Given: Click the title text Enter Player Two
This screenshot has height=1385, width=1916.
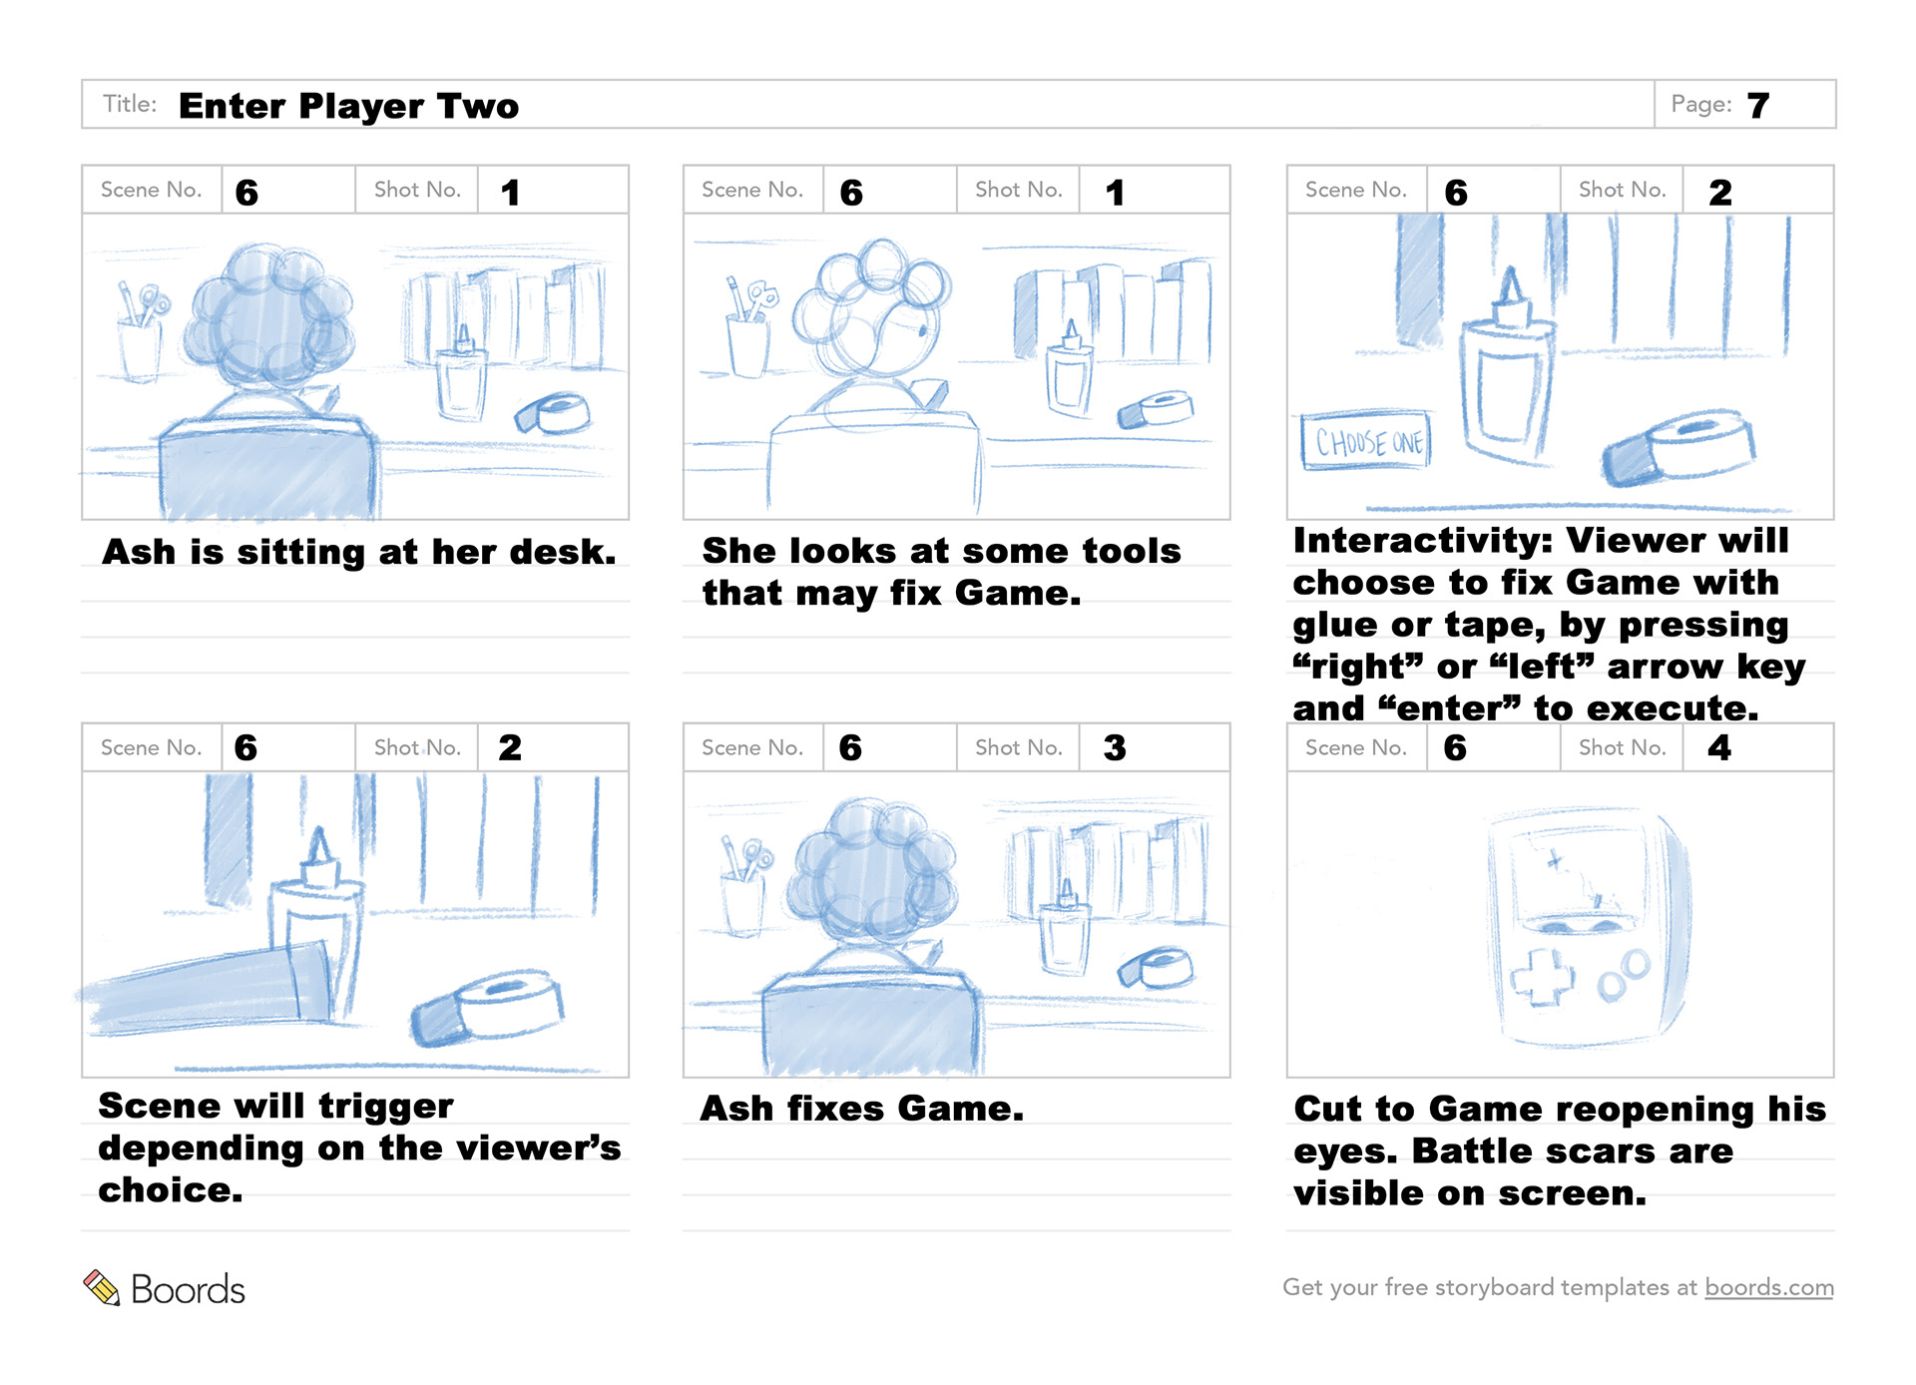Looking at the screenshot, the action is tap(348, 106).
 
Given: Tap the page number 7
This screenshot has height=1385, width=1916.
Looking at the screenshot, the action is tap(1758, 105).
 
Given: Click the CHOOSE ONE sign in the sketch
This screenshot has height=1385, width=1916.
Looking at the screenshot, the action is tap(1366, 441).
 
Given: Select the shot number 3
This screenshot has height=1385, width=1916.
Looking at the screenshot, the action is tap(1115, 747).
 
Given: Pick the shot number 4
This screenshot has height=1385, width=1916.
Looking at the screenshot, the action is tap(1718, 747).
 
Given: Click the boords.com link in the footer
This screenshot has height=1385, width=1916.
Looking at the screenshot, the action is tap(1768, 1287).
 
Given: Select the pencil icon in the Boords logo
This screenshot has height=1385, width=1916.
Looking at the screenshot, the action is tap(101, 1287).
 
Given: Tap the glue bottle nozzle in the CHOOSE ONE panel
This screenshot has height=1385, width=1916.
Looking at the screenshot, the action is tap(1511, 289).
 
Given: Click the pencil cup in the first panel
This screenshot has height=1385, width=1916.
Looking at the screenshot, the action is tap(140, 344).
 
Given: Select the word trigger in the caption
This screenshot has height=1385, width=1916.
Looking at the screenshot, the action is tap(386, 1106).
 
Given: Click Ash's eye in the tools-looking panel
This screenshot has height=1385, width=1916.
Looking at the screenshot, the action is tap(920, 328).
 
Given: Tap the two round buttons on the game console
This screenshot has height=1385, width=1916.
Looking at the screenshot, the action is tap(1624, 975).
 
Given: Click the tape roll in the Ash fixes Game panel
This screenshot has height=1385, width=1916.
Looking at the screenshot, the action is tap(1158, 967).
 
